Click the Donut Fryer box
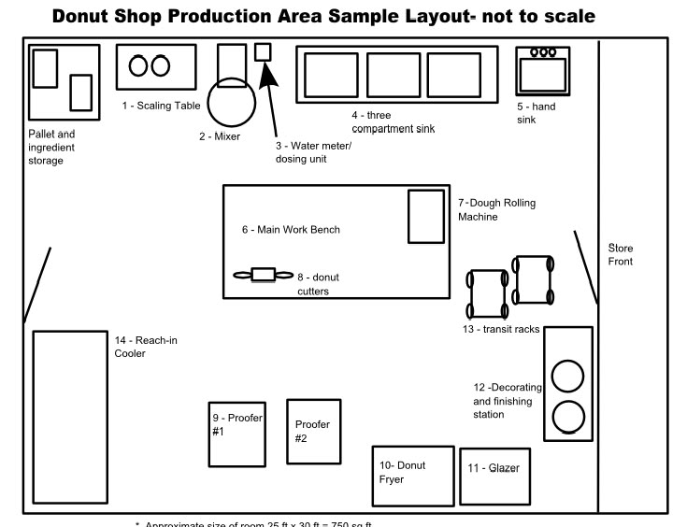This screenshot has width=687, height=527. pyautogui.click(x=412, y=475)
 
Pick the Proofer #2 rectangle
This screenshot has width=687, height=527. pyautogui.click(x=313, y=430)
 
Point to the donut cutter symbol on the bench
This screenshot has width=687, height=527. pyautogui.click(x=263, y=275)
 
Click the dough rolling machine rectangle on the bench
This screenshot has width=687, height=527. pyautogui.click(x=425, y=217)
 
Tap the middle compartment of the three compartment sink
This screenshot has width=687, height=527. pyautogui.click(x=393, y=76)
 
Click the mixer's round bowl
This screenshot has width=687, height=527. pyautogui.click(x=230, y=103)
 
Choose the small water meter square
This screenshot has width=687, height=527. pyautogui.click(x=264, y=52)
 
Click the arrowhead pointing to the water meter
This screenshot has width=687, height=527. pyautogui.click(x=269, y=74)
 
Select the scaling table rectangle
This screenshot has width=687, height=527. pyautogui.click(x=156, y=65)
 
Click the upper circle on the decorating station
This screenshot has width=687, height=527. pyautogui.click(x=567, y=376)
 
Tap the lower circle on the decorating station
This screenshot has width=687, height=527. pyautogui.click(x=567, y=415)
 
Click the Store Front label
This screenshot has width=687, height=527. pyautogui.click(x=621, y=255)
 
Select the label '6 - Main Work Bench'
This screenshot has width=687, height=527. pyautogui.click(x=291, y=230)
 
